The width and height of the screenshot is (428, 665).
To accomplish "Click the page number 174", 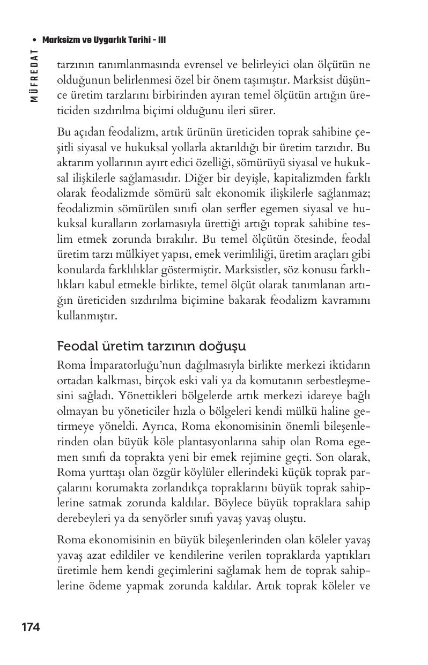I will (31, 627).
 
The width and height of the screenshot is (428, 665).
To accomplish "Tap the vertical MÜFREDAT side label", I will (34, 76).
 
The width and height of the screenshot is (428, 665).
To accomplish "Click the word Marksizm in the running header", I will (60, 40).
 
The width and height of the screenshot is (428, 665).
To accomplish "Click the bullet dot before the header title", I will (35, 40).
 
